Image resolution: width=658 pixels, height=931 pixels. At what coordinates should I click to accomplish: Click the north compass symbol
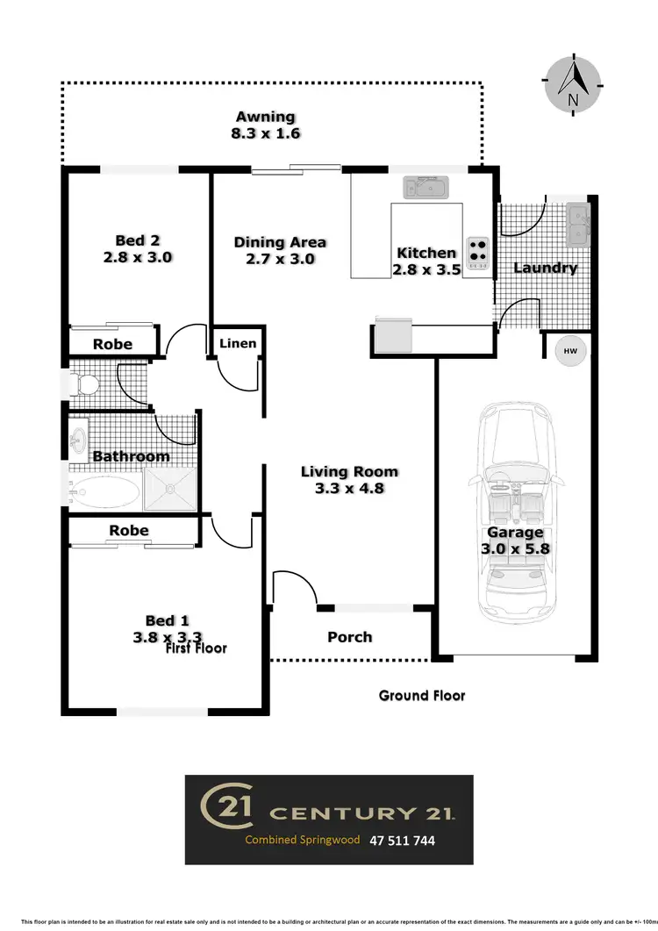coord(572,85)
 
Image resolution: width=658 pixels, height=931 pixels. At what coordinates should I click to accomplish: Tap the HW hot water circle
coord(570,352)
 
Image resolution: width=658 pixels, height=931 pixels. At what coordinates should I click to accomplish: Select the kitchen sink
coord(426,187)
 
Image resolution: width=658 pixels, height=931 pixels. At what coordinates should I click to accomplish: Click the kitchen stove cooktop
coord(478,251)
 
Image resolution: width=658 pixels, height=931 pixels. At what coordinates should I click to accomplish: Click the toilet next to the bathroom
coord(85,384)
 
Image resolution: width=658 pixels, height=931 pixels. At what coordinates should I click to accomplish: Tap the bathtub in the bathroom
coord(104,491)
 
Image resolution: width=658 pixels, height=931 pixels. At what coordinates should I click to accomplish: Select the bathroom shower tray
coord(170,489)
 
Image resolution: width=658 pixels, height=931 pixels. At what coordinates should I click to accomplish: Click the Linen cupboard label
coord(238,342)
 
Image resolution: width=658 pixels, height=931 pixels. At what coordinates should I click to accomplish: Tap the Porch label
coord(350,637)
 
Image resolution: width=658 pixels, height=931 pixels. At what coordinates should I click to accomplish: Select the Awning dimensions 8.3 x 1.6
coord(266,134)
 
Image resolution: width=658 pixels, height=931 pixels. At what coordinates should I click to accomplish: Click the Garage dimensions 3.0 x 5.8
coord(516,549)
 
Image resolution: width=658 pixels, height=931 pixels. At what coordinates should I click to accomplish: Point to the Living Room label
coord(350,471)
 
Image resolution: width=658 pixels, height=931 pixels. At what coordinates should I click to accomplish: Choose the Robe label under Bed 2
coord(112,344)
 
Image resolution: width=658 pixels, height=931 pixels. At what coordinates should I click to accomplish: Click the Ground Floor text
coord(422,696)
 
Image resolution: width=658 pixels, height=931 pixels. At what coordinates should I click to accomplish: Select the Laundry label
coord(545,268)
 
